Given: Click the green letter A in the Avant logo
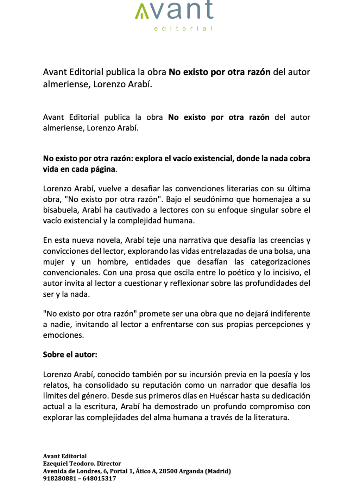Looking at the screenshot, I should point(142,12).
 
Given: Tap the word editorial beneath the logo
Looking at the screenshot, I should point(183,28).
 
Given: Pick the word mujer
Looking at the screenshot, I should point(53,262).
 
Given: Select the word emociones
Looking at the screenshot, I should point(63,335).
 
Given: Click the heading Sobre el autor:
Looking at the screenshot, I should point(70,355).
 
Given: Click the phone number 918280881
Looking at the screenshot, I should point(59,478).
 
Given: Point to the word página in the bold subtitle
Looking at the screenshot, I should point(103,169).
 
